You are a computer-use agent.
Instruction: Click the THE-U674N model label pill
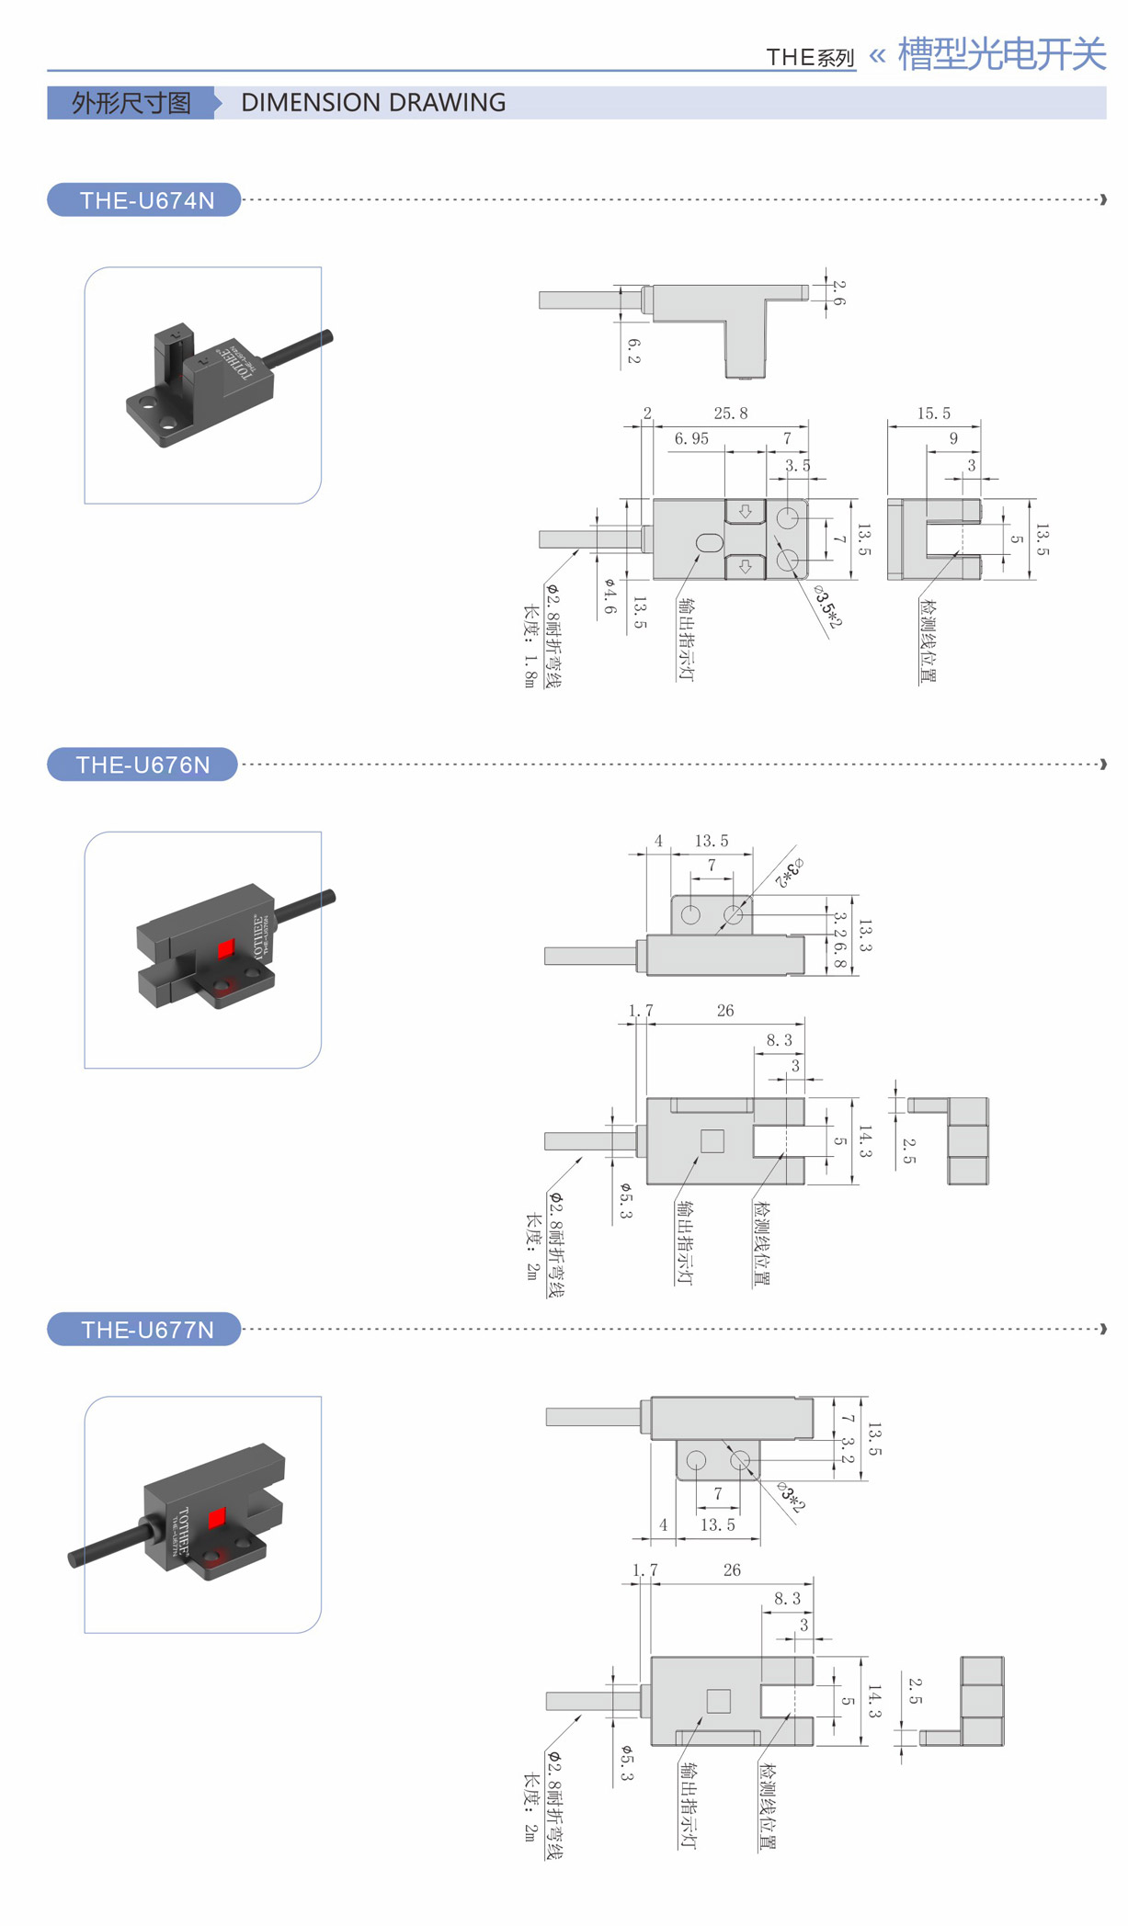click(x=144, y=200)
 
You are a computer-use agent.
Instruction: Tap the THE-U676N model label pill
click(x=142, y=765)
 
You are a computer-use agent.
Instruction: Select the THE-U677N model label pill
click(x=144, y=1329)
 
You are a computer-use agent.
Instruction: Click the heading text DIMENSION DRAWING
click(x=373, y=102)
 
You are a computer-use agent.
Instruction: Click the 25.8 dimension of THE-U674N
click(x=731, y=414)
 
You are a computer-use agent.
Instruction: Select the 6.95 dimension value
click(x=691, y=439)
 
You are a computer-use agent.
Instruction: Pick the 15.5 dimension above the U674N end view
click(x=933, y=414)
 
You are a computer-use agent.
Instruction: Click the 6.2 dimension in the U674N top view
click(x=633, y=351)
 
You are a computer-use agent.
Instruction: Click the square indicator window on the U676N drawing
click(x=712, y=1140)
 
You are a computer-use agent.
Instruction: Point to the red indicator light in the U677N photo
click(x=216, y=1518)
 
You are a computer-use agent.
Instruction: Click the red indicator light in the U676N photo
click(x=225, y=949)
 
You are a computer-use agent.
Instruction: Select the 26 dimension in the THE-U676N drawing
click(x=725, y=1011)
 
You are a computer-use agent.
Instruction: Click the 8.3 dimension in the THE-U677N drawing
click(x=787, y=1599)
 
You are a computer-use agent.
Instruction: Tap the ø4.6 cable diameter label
click(x=610, y=596)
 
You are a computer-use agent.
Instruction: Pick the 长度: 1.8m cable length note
click(x=530, y=646)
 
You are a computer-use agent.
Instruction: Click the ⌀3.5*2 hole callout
click(x=827, y=607)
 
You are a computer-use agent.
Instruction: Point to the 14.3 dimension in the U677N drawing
click(x=873, y=1701)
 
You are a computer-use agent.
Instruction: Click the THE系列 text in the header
click(x=810, y=58)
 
